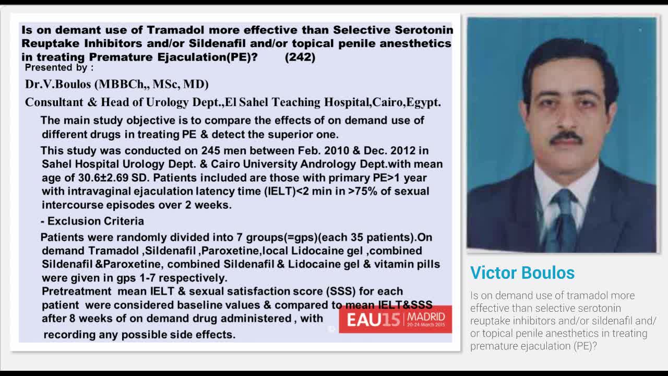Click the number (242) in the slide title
300,57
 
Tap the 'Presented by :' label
59,67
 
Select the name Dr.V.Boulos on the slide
58,84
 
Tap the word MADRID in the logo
426,316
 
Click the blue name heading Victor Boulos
522,273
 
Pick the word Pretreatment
77,291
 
